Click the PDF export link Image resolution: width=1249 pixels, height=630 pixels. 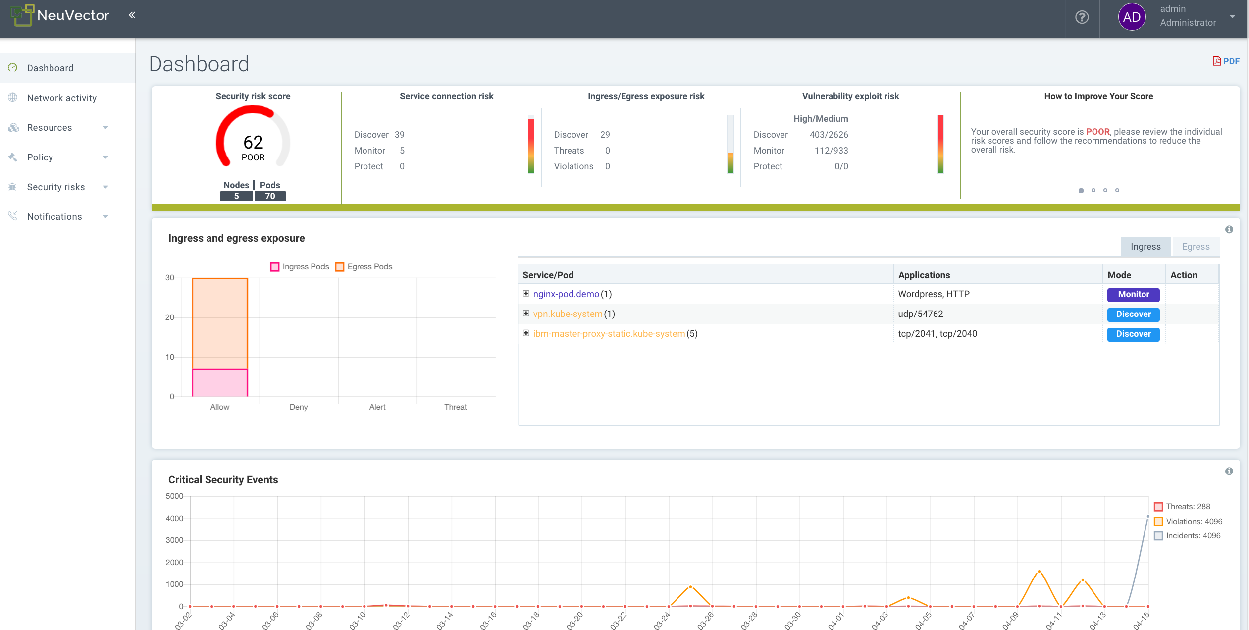tap(1226, 61)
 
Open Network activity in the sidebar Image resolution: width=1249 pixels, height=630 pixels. tap(61, 98)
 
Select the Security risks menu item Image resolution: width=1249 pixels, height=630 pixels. tap(56, 187)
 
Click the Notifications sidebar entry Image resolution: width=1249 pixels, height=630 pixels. tap(54, 216)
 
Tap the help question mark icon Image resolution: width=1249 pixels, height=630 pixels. tap(1082, 17)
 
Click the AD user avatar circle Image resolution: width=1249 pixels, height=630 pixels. tap(1132, 17)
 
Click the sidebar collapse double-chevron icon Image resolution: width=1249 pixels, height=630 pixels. tap(132, 15)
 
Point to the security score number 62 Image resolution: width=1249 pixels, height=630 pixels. tap(253, 142)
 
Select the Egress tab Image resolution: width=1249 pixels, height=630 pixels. tap(1196, 247)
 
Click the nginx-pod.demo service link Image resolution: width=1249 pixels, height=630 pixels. tap(566, 294)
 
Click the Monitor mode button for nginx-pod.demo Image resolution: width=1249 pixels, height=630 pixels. tap(1133, 295)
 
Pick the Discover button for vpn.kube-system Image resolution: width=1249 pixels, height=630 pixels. tap(1133, 315)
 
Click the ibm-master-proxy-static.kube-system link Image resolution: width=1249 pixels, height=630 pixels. tap(609, 334)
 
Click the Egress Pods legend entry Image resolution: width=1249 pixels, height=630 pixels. tap(364, 267)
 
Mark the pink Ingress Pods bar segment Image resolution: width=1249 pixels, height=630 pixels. tap(220, 383)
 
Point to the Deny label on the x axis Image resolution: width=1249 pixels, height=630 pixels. tap(299, 407)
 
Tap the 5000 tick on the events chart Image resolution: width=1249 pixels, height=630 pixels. tap(174, 496)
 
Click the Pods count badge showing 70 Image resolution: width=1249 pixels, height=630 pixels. tap(270, 196)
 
